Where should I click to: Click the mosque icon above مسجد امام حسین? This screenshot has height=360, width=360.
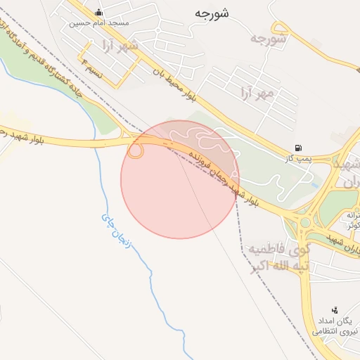coord(98,13)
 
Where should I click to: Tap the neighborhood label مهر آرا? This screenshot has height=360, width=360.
coord(255,92)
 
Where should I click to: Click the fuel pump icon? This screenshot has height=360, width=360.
coord(300,148)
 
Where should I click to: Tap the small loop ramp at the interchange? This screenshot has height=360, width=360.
coord(135,150)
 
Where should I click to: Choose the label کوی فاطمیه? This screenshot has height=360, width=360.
coord(276,249)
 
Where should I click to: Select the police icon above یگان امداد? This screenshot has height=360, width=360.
coord(334,309)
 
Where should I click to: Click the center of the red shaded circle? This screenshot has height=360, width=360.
coord(180,179)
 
